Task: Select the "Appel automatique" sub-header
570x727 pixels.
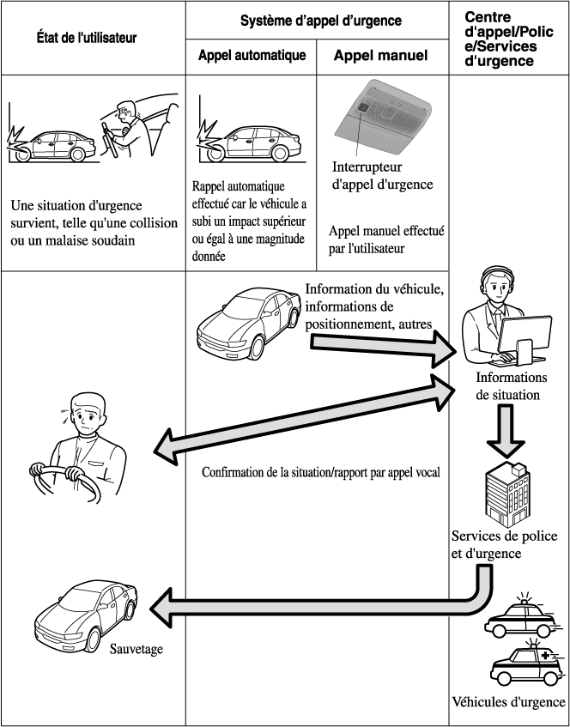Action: [252, 57]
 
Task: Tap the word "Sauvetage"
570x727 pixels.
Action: [136, 649]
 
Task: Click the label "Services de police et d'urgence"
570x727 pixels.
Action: [504, 544]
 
